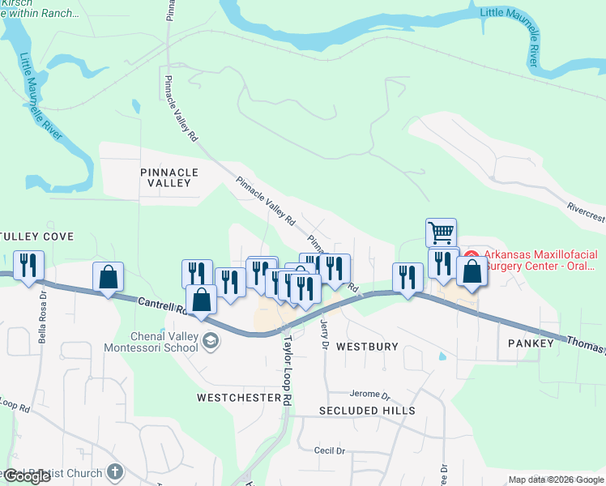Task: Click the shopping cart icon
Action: click(441, 233)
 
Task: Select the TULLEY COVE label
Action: click(36, 237)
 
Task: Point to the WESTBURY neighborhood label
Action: click(367, 346)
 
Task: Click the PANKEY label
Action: click(531, 343)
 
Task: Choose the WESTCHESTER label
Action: click(238, 398)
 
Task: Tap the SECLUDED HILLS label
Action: click(367, 411)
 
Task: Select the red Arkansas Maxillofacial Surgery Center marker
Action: click(471, 258)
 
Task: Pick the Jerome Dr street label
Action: click(370, 394)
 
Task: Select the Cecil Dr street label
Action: click(330, 450)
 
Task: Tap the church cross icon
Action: click(115, 471)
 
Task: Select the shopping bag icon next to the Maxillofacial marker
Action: click(472, 272)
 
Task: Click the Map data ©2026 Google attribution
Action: click(555, 480)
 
